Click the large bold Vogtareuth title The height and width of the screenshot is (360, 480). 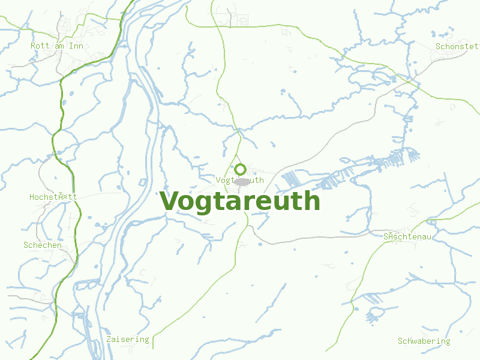coord(240,201)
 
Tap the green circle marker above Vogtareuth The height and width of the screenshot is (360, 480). coord(241,169)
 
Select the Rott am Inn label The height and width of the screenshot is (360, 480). coord(56,46)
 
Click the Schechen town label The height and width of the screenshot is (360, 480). coord(43,245)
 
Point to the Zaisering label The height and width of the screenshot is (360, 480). coord(127,339)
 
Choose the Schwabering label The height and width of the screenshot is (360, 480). coord(424,341)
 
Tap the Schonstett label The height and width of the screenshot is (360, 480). coord(457,46)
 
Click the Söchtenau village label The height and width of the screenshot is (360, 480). coord(407,236)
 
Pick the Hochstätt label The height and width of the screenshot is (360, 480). coord(53,197)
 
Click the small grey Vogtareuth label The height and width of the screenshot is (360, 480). coord(239,180)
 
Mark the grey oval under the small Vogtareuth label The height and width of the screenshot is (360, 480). coord(242,182)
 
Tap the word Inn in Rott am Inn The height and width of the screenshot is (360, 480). coord(76,46)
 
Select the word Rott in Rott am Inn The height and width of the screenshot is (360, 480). coord(40,46)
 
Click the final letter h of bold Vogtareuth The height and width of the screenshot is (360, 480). coord(313,201)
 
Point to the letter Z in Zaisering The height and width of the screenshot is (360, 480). coord(109,339)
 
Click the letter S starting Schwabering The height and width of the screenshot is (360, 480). coord(400,341)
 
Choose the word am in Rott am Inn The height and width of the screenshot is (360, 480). coord(60,46)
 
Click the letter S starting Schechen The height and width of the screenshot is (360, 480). coord(26,245)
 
